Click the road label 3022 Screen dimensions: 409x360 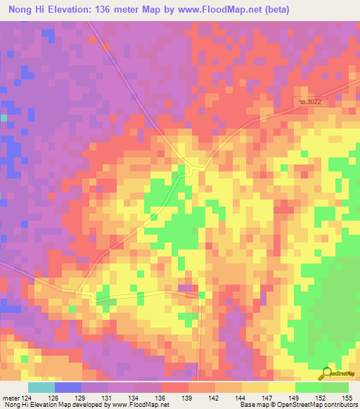point(310,103)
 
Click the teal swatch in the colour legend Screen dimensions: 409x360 point(41,387)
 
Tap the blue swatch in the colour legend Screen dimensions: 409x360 point(68,387)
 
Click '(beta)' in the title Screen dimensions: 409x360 point(271,9)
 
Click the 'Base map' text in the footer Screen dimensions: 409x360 point(254,405)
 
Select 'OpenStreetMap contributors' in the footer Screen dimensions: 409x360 point(320,405)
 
